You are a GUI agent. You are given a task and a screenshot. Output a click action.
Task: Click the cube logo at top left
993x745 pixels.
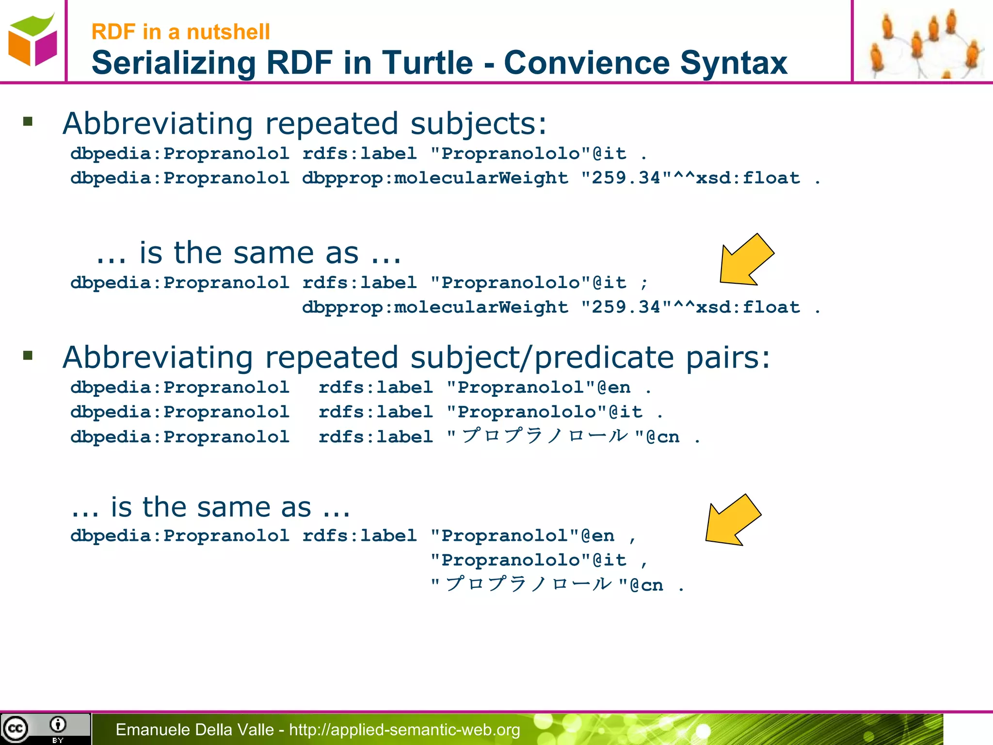click(x=32, y=41)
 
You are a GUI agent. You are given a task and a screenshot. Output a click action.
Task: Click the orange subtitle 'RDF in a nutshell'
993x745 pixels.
click(x=180, y=32)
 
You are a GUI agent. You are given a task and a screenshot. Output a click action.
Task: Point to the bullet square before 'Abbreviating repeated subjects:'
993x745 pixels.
click(x=28, y=121)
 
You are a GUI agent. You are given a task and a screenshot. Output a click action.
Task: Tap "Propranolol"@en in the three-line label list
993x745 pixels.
click(x=538, y=388)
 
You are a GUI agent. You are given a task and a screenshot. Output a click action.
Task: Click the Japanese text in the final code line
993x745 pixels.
click(x=529, y=584)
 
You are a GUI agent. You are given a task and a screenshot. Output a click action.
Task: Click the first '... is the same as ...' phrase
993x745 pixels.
click(x=248, y=253)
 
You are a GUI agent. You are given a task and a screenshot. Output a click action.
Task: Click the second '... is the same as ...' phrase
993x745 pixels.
click(x=210, y=507)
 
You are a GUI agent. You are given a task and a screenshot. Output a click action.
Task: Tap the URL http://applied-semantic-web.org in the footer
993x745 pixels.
click(x=404, y=729)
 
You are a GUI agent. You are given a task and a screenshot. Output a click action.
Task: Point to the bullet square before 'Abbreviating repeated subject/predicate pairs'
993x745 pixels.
click(x=28, y=356)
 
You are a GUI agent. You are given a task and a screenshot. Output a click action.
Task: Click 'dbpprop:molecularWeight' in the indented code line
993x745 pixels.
click(x=435, y=308)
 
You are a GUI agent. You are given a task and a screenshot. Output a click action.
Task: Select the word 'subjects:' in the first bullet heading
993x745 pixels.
click(x=479, y=124)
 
